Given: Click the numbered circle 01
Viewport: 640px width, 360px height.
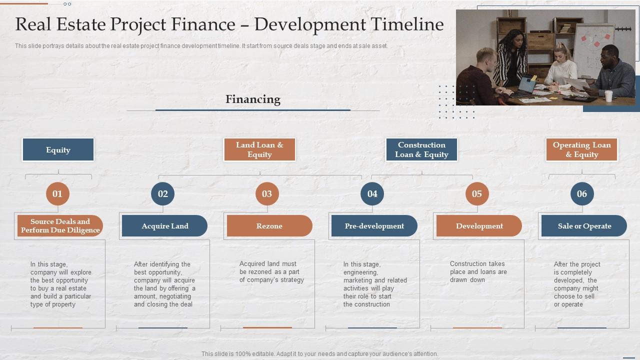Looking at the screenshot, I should (57, 194).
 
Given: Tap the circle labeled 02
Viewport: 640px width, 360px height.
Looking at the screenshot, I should (163, 194).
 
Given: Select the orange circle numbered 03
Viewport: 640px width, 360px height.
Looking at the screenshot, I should (267, 194).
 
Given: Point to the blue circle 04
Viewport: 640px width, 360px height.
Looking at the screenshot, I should (372, 194).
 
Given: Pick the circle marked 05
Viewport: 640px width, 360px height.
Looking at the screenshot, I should (477, 194).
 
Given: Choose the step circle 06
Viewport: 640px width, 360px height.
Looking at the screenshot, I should (582, 194).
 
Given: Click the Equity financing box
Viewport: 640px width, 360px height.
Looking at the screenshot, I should (58, 150).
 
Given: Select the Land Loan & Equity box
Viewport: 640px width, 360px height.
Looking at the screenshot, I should (259, 150).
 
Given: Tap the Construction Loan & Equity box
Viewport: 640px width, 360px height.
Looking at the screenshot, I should (421, 150).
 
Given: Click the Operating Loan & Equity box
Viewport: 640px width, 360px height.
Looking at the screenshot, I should (582, 150).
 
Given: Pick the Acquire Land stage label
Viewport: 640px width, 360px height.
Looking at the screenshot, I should (164, 226).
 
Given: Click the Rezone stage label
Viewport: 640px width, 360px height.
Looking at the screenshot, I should (269, 226).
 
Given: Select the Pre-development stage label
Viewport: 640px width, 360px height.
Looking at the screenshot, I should (374, 226).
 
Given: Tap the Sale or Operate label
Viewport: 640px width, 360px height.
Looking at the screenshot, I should (584, 226).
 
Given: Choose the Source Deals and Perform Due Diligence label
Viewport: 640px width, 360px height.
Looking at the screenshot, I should (60, 226).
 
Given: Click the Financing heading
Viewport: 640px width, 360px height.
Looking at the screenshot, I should (253, 99).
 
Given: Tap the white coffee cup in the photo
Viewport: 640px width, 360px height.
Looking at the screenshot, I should (608, 95).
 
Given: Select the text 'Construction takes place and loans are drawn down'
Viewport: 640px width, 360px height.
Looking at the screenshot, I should (478, 271).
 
